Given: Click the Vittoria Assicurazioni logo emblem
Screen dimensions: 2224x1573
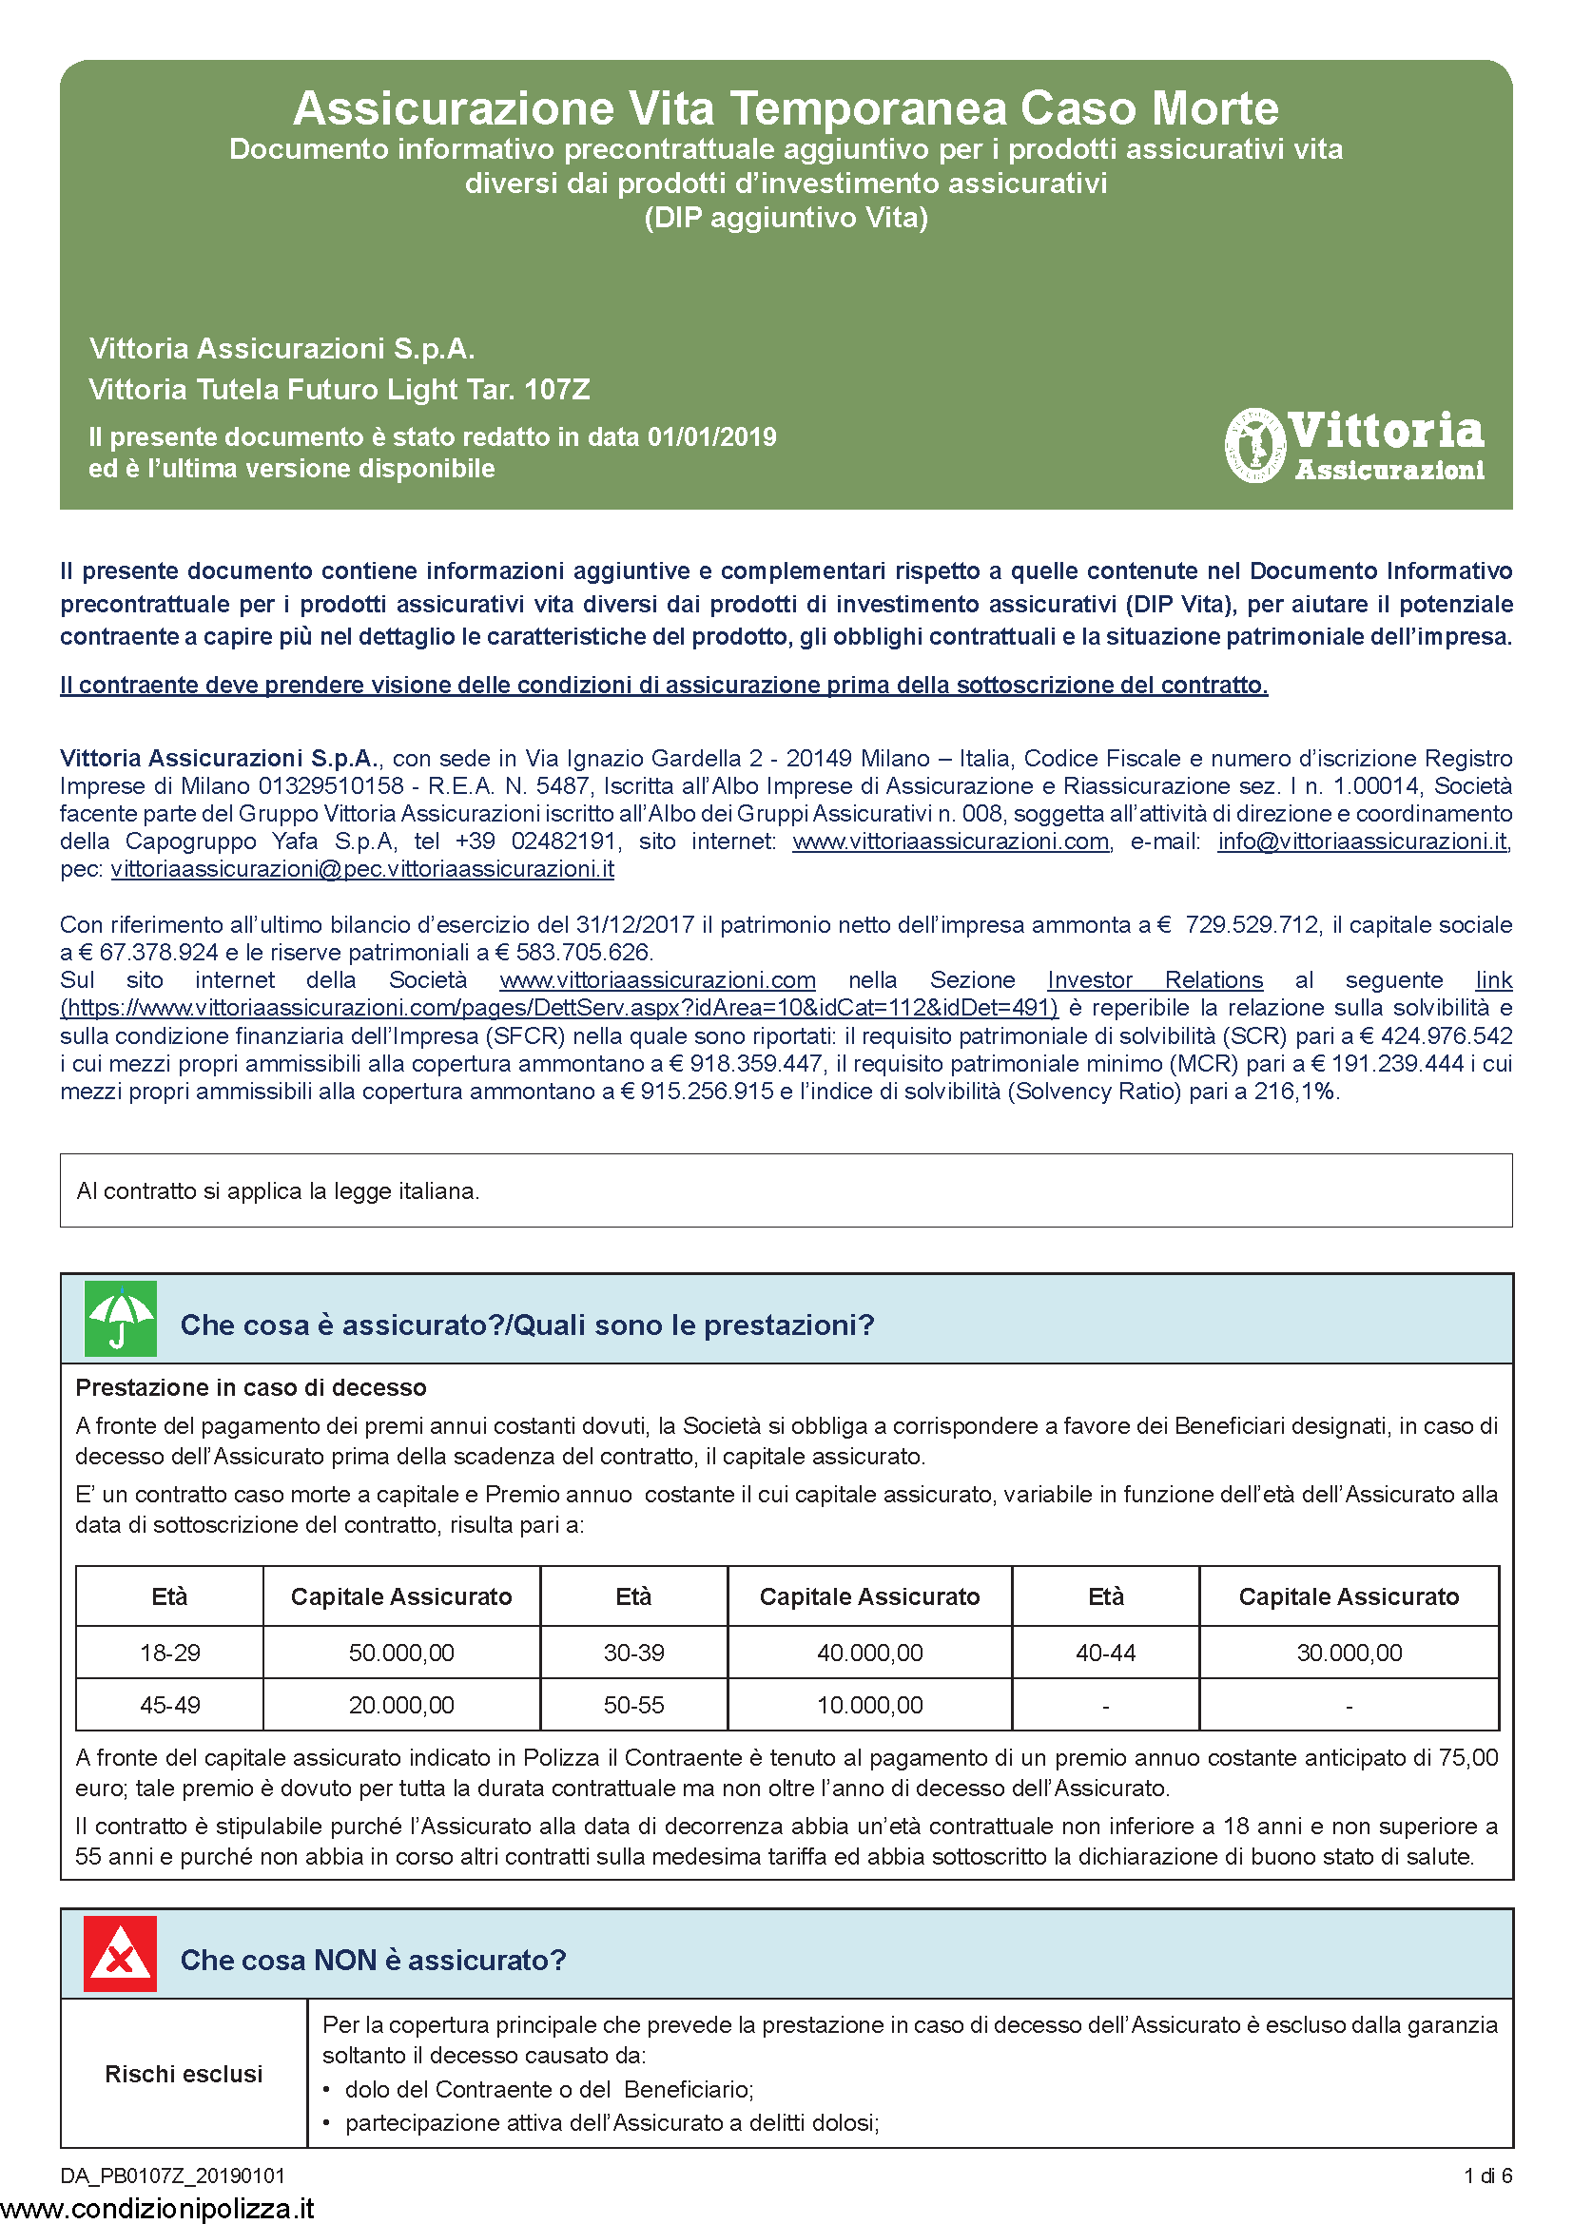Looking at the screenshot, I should click(x=1255, y=446).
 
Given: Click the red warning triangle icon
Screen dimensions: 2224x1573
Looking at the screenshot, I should click(x=120, y=1954).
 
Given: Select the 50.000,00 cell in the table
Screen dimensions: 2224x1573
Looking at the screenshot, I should click(x=401, y=1653).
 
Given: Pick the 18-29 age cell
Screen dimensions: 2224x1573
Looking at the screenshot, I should click(x=169, y=1653).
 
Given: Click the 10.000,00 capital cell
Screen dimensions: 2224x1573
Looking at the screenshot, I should click(x=869, y=1705).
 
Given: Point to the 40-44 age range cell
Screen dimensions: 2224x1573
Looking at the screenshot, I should click(x=1105, y=1653).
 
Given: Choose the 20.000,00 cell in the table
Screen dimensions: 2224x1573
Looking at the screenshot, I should click(x=401, y=1705).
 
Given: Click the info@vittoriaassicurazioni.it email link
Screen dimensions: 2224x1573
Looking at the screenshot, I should click(x=1362, y=841).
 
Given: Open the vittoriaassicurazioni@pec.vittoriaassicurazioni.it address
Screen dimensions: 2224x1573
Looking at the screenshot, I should click(x=362, y=869).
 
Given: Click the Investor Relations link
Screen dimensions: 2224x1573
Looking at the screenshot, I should click(x=1155, y=980).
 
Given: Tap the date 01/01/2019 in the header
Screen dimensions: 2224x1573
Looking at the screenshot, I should click(x=712, y=436).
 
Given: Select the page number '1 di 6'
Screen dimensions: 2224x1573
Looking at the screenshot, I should click(x=1487, y=2176).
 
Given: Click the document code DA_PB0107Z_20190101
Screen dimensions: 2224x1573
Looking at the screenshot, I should click(x=172, y=2176).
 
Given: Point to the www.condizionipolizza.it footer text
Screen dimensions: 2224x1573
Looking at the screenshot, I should click(x=158, y=2208).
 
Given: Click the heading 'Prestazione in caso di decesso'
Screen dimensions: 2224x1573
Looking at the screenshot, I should click(x=251, y=1387).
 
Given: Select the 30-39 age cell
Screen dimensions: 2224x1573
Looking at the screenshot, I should click(x=633, y=1653).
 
